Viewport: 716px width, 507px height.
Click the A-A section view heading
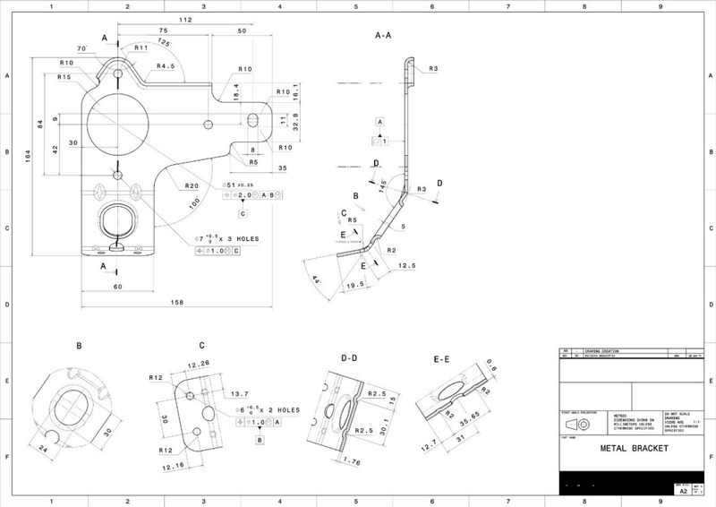click(384, 37)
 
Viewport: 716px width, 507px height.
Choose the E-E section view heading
click(440, 358)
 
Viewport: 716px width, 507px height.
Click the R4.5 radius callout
click(166, 66)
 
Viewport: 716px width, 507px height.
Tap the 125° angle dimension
click(164, 42)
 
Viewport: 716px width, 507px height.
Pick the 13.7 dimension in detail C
click(239, 394)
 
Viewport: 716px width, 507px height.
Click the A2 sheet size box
click(683, 492)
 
